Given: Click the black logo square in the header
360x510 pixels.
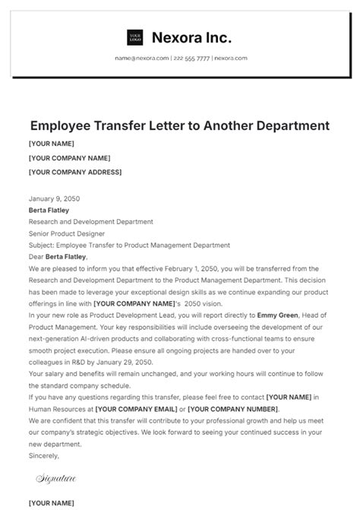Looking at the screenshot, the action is (135, 37).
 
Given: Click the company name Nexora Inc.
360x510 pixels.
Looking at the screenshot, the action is (191, 37).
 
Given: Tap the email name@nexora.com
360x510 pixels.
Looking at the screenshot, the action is (142, 59).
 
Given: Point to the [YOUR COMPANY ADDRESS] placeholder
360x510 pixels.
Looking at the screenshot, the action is (74, 173).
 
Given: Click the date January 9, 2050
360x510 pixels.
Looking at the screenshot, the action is (54, 198).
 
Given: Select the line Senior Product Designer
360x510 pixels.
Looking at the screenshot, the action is (67, 233).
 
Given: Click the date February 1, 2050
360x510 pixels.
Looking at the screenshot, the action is (169, 269).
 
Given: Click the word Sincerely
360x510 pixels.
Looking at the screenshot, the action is (43, 456).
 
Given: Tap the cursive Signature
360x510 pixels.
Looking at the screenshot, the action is (55, 478).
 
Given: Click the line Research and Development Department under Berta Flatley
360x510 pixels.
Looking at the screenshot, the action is (90, 222).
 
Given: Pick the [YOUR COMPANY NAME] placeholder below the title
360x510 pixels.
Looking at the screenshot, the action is (69, 158).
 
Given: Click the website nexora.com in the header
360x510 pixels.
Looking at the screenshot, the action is (230, 59).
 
